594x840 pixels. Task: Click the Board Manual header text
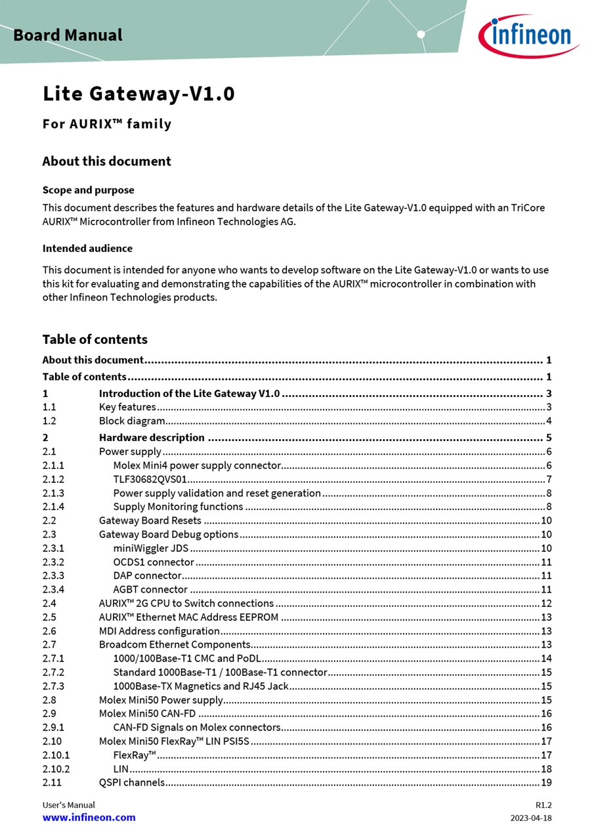click(x=68, y=35)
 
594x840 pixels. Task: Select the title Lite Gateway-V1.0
click(x=138, y=94)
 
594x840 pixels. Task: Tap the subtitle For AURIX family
click(x=107, y=124)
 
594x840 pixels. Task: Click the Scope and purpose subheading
click(x=88, y=190)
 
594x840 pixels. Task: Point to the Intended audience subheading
click(x=87, y=249)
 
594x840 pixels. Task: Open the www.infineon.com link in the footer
click(x=89, y=818)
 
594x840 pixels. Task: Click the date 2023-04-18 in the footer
click(x=531, y=818)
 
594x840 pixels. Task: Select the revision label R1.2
click(x=543, y=805)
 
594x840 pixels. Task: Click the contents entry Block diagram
click(x=132, y=421)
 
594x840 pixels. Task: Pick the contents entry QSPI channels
click(x=132, y=782)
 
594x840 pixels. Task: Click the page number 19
click(x=546, y=782)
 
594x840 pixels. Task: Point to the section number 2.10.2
click(x=56, y=769)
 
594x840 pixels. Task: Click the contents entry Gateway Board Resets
click(x=150, y=521)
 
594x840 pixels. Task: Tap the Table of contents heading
click(x=95, y=339)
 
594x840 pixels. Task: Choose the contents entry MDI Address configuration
click(x=159, y=631)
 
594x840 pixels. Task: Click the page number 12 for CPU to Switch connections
click(x=546, y=604)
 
